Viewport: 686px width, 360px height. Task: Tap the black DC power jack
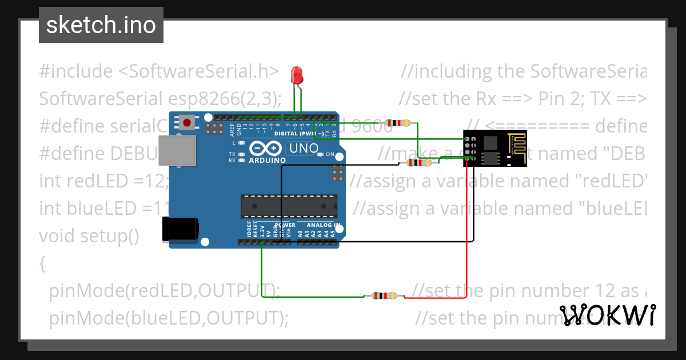[180, 230]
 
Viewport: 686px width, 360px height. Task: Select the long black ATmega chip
[289, 206]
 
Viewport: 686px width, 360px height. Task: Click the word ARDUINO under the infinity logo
[267, 161]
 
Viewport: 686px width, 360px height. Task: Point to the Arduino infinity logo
[267, 149]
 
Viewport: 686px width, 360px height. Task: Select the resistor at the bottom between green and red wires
[384, 296]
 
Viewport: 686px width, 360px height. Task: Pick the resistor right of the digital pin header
[397, 123]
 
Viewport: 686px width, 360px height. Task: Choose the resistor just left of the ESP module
[419, 163]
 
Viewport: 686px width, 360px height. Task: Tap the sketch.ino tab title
[101, 25]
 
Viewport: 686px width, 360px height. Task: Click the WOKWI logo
[607, 315]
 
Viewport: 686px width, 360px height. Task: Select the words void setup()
[89, 235]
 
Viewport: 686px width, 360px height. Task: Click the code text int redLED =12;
[103, 181]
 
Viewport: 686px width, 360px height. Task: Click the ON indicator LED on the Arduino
[321, 154]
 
